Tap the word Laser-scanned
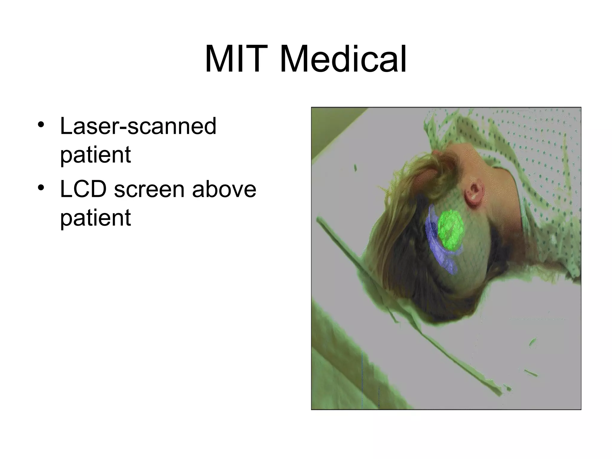tap(138, 126)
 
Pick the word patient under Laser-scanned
tap(95, 155)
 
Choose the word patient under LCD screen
tap(95, 218)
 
